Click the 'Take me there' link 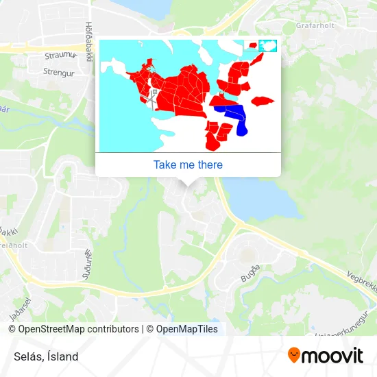188,165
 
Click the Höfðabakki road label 88,41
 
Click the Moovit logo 325,355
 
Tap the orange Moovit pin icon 294,356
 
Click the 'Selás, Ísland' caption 45,356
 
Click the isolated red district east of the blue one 263,101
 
